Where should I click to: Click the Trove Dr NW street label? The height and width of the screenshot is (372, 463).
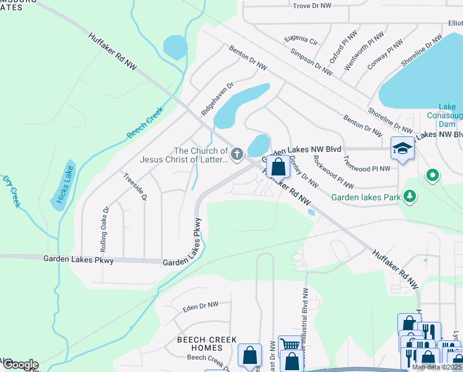(x=313, y=6)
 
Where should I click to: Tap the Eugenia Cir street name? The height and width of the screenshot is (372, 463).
(x=301, y=41)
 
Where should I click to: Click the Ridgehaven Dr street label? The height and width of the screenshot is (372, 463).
(x=217, y=100)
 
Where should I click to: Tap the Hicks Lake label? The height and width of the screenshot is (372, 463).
(x=63, y=185)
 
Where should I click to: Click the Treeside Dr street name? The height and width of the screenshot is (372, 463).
(x=135, y=187)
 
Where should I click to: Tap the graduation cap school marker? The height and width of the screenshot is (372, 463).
(x=402, y=149)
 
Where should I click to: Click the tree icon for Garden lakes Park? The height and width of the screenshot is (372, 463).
(x=409, y=197)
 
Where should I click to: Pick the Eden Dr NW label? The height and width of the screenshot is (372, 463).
(x=201, y=306)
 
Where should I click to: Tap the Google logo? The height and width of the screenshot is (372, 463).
(x=20, y=365)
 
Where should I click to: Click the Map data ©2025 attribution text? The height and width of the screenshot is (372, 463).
(x=436, y=367)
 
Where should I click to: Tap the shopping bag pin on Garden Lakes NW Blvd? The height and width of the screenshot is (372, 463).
(x=278, y=166)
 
